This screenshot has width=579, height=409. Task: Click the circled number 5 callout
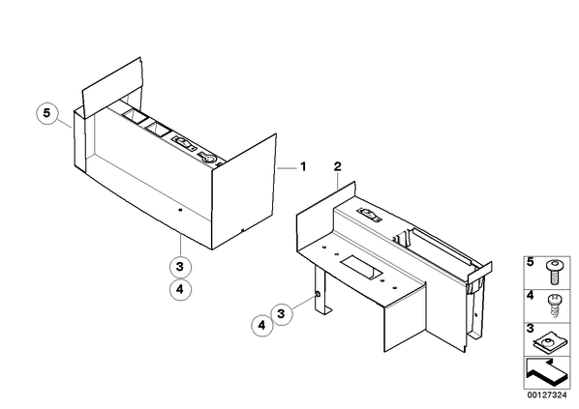pos(47,113)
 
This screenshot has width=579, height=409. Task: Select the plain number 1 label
pos(303,167)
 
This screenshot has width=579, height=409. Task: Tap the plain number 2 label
pos(338,166)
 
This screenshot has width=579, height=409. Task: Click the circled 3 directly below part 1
pos(180,266)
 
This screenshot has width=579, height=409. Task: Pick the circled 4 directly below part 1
pos(180,289)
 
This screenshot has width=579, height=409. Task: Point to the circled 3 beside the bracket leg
pos(282,314)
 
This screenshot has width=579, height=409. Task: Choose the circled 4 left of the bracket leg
pos(262,326)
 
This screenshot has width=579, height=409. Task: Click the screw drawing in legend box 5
pos(553,272)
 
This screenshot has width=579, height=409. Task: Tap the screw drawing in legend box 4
pos(553,305)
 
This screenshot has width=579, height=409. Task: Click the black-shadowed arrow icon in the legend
pos(546,372)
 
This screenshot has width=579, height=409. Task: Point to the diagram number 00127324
pos(547,395)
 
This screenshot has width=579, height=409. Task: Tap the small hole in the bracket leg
pos(318,294)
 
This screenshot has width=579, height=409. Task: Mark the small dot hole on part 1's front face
pos(180,210)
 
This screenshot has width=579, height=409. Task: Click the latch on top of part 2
pos(369,215)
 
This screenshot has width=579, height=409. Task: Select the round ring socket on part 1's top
pos(208,158)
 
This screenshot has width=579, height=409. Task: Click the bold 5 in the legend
pos(531,262)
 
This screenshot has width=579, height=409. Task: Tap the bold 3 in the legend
pos(531,328)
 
